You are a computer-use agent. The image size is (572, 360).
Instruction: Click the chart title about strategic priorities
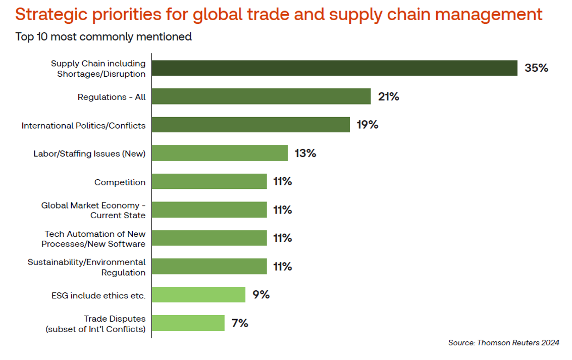coord(279,15)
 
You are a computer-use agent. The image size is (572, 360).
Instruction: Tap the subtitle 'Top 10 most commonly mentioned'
coord(103,37)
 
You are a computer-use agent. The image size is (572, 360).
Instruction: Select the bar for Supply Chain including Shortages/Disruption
coord(334,68)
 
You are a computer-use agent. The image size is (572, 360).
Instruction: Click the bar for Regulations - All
coord(261,96)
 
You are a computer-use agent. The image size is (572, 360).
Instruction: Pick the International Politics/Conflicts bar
coord(250,125)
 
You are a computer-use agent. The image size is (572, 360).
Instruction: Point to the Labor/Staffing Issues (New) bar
coord(220,153)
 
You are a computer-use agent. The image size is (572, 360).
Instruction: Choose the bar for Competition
coord(209,181)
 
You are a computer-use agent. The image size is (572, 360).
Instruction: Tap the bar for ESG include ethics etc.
coord(198,294)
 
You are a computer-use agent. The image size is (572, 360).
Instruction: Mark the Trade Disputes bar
coord(188,323)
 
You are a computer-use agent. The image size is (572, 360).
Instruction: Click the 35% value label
coord(536,68)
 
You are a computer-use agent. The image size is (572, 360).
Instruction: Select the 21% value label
coord(389,96)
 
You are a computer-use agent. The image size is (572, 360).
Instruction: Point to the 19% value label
coord(368,125)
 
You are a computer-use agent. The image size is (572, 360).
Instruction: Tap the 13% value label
coord(305,153)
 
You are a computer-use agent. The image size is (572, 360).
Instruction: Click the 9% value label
coord(261,294)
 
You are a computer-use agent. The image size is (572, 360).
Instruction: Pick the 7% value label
coord(240,323)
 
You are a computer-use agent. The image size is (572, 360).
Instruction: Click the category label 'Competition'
coord(120,182)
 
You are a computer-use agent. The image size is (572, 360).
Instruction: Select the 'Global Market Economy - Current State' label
coord(93,211)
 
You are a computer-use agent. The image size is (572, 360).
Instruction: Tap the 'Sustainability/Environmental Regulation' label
coord(86,267)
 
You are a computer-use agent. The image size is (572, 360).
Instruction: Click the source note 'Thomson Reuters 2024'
coord(503,343)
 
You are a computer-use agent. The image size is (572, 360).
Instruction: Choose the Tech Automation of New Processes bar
coord(209,238)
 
